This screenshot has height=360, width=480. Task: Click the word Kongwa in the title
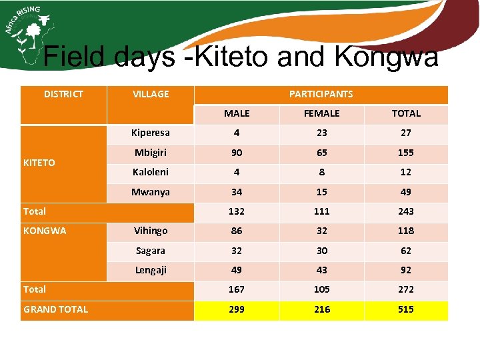pyautogui.click(x=387, y=57)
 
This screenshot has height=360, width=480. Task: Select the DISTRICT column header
pyautogui.click(x=63, y=94)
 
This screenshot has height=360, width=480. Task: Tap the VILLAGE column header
pyautogui.click(x=151, y=94)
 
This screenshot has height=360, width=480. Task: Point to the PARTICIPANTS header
pyautogui.click(x=321, y=94)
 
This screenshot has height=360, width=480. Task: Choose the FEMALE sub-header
pyautogui.click(x=321, y=113)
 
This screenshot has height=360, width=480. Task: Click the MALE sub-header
pyautogui.click(x=236, y=113)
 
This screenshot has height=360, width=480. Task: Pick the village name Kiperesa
pyautogui.click(x=151, y=133)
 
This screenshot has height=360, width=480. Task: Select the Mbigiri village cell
pyautogui.click(x=151, y=152)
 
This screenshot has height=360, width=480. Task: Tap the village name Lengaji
pyautogui.click(x=151, y=270)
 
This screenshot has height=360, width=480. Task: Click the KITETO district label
pyautogui.click(x=39, y=163)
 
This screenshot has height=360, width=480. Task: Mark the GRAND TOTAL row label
pyautogui.click(x=55, y=309)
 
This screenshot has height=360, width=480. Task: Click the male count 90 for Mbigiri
pyautogui.click(x=236, y=153)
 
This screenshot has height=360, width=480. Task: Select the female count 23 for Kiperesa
pyautogui.click(x=321, y=133)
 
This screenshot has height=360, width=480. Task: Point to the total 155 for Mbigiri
pyautogui.click(x=406, y=153)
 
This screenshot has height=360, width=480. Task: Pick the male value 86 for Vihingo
pyautogui.click(x=236, y=231)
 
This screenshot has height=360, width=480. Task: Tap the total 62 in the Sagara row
pyautogui.click(x=406, y=251)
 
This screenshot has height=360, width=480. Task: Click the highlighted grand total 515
pyautogui.click(x=406, y=309)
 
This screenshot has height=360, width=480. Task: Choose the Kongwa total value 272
pyautogui.click(x=406, y=289)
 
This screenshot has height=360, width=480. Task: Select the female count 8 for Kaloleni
pyautogui.click(x=321, y=172)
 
